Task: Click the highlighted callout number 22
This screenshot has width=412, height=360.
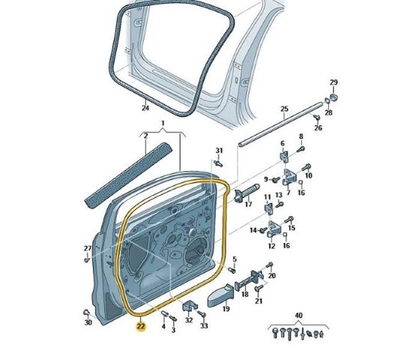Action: tap(141, 326)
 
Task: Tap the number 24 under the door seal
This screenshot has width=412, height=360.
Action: tap(145, 108)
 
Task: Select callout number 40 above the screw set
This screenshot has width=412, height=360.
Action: tap(299, 315)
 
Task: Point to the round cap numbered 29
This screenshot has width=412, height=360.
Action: tap(333, 97)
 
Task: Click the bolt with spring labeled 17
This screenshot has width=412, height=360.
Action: tap(246, 193)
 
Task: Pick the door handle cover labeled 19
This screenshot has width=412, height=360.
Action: tap(220, 296)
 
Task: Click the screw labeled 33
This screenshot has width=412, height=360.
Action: tap(202, 314)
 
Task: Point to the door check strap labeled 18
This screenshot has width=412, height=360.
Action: tap(249, 280)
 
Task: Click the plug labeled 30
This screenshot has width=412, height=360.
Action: tap(86, 313)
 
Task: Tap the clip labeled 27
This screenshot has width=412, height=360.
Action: tap(87, 259)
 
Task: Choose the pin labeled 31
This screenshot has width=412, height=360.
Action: tap(218, 163)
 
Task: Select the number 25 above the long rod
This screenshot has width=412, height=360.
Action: tap(285, 109)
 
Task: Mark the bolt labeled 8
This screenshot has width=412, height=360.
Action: tap(300, 148)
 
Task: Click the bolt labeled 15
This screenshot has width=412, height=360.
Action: tap(289, 220)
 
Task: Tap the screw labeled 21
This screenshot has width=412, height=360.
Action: tap(258, 288)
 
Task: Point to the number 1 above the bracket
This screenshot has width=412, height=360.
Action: tap(163, 123)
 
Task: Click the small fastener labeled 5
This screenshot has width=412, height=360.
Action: tap(231, 270)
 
